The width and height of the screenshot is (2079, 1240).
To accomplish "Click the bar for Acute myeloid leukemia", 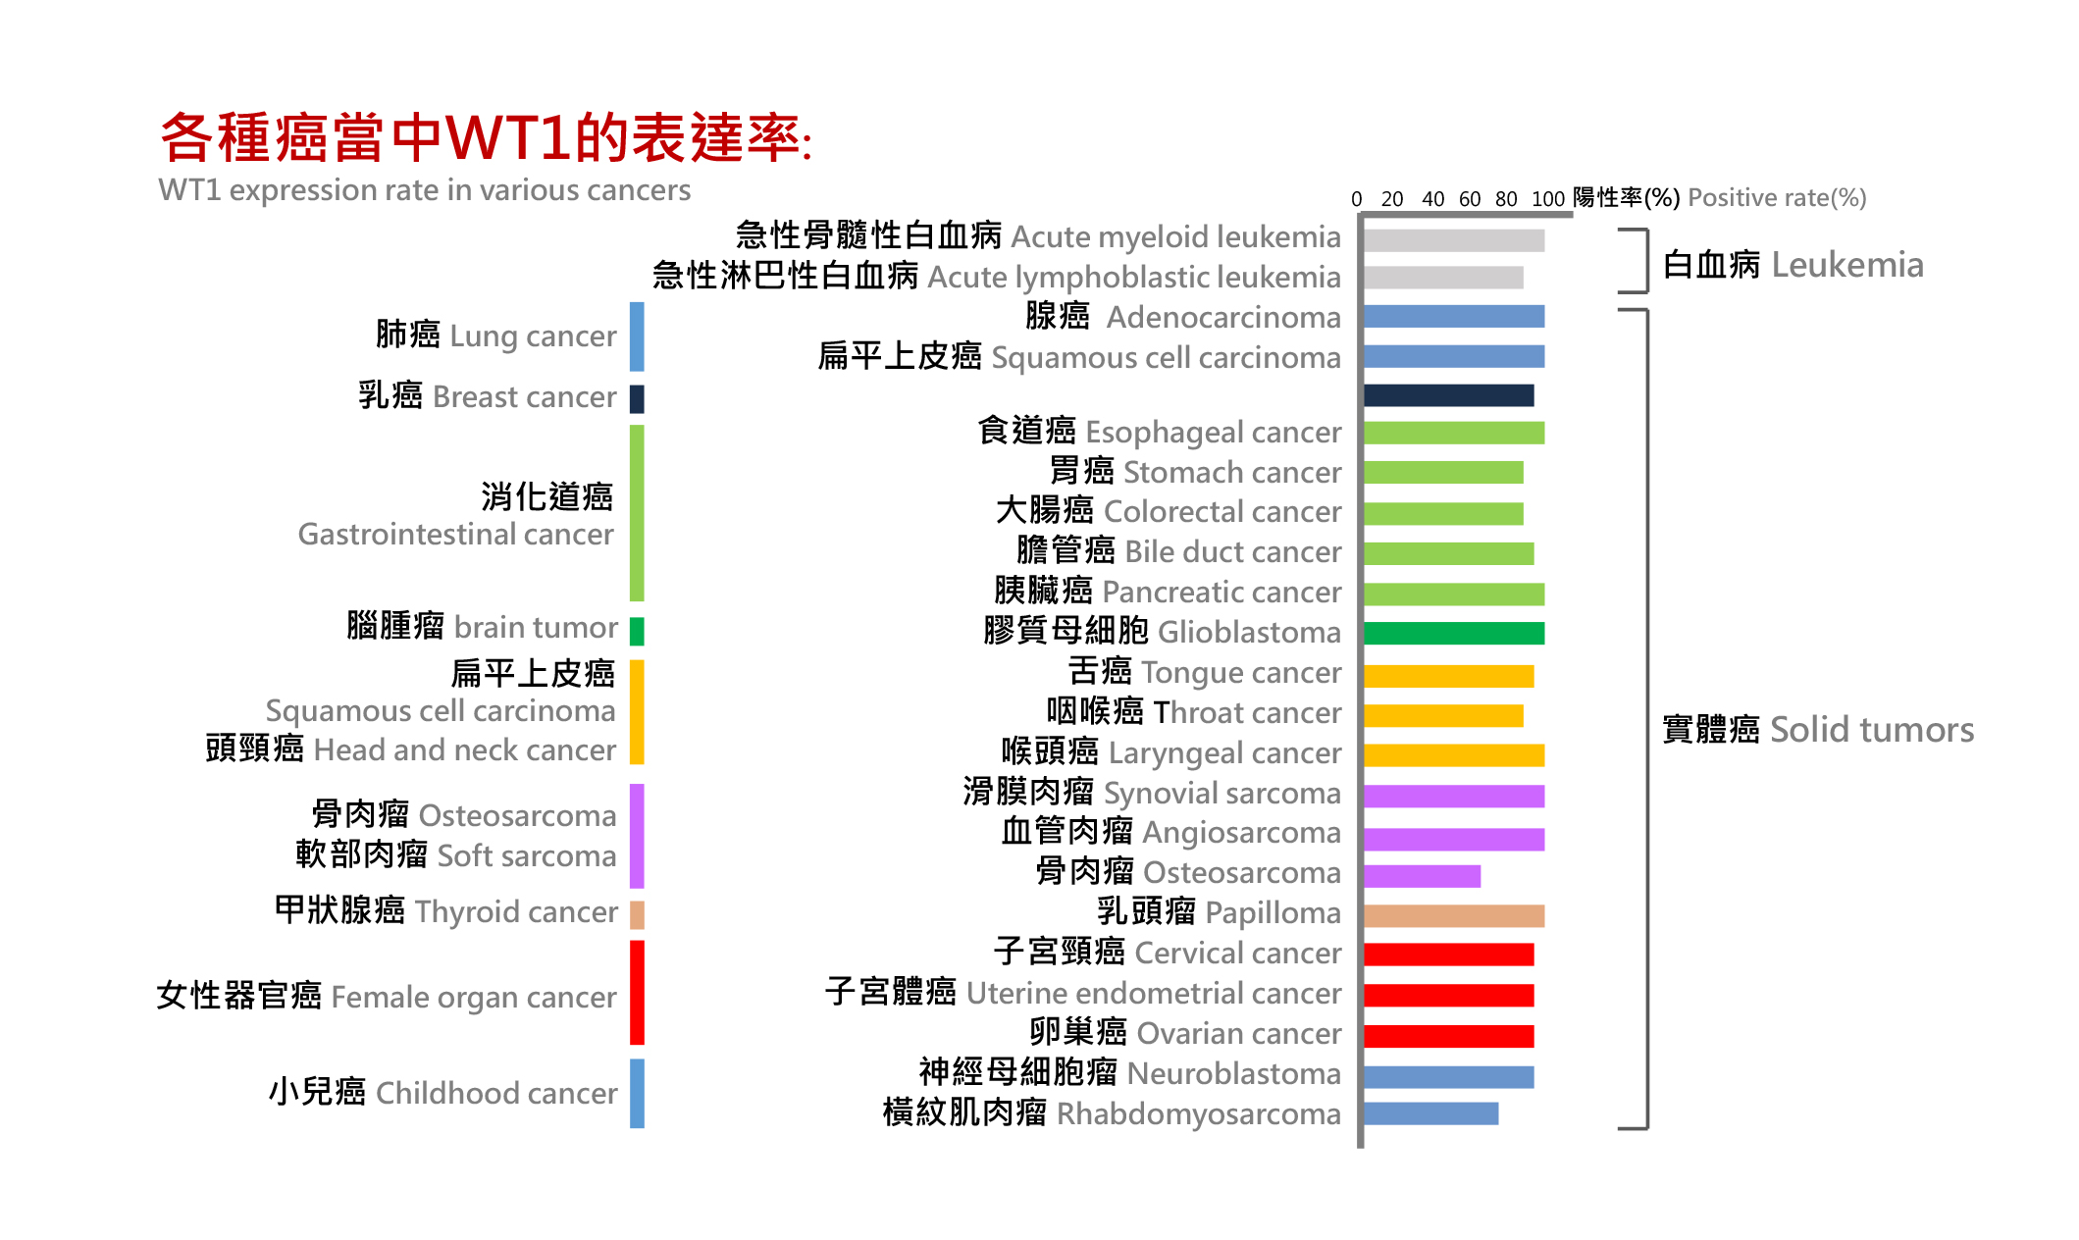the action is point(1454,240).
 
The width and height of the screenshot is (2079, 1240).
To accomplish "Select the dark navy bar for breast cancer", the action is point(1449,395).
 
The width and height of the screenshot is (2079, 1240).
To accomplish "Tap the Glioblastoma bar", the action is point(1454,634).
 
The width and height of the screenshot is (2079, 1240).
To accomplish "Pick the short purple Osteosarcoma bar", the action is point(1423,876).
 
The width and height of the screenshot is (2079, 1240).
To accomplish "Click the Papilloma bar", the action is point(1454,916).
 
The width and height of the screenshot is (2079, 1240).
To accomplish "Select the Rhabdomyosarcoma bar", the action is point(1431,1113).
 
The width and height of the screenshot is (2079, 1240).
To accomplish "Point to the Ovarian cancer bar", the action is point(1449,1036).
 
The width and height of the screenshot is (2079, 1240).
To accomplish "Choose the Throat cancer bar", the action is point(1444,716).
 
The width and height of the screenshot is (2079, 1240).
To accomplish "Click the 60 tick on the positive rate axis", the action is point(1470,199).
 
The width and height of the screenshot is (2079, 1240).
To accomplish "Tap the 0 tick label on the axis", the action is point(1357,199).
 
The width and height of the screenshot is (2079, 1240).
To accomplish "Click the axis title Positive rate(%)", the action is point(1777,198).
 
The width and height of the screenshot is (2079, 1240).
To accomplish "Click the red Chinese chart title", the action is point(487,137).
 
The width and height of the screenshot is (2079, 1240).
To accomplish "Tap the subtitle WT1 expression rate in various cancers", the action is point(425,190).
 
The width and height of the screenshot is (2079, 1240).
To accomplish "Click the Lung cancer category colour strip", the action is point(637,336).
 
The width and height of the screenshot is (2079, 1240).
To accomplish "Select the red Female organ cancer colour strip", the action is point(637,993).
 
